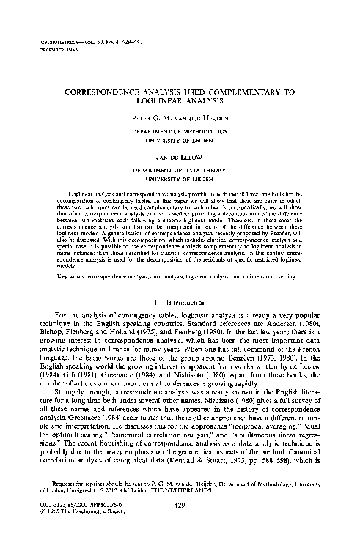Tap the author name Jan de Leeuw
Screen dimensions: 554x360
(180, 158)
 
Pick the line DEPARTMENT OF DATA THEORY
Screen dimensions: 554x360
(180, 170)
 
